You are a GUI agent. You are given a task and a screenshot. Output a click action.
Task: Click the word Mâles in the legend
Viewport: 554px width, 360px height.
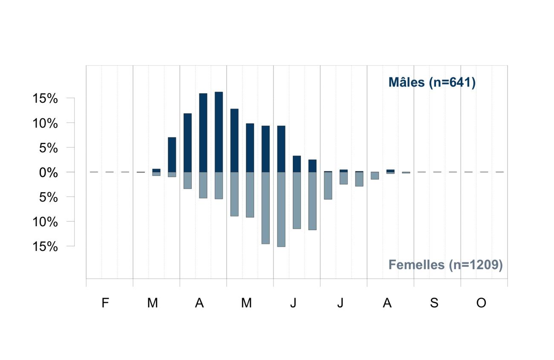point(407,82)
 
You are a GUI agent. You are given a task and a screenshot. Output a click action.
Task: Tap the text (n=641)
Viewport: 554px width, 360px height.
point(452,83)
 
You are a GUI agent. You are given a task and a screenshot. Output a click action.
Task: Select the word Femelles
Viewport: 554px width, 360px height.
point(416,265)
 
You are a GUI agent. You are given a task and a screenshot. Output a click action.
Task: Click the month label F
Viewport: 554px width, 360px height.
point(105,303)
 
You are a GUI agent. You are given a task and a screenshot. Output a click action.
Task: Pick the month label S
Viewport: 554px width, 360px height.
point(434,303)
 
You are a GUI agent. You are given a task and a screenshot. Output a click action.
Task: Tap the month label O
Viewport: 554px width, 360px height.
point(481,303)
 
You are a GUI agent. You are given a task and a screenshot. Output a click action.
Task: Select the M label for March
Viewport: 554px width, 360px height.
point(153,303)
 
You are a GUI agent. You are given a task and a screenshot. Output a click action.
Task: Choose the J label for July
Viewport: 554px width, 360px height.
point(340,303)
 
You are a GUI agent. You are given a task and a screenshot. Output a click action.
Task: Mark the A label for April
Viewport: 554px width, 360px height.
point(199,303)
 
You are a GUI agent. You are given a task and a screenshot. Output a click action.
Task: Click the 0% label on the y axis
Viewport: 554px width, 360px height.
point(49,173)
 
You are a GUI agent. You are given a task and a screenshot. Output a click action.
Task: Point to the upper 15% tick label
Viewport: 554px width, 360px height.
point(45,98)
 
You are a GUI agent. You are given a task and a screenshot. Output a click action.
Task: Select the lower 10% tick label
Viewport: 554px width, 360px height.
point(45,222)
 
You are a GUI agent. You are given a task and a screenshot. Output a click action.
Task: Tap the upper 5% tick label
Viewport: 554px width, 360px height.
point(49,148)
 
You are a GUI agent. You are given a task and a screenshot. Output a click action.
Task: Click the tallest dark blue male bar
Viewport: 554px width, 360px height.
point(219,132)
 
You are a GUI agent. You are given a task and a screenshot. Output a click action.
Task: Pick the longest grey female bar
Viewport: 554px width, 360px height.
point(281,210)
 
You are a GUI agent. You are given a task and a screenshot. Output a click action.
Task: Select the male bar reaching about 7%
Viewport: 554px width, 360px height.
point(172,155)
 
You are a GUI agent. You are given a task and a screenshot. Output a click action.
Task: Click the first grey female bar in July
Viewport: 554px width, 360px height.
point(328,186)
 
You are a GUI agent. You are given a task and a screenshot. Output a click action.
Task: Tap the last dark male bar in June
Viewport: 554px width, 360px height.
point(312,166)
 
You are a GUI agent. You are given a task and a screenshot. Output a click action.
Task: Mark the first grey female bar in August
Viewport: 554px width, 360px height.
point(375,176)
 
